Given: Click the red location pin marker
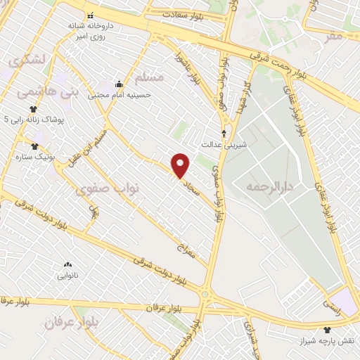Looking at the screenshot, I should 181,165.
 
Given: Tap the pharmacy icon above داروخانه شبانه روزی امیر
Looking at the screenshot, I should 89,15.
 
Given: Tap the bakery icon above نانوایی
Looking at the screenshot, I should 68,265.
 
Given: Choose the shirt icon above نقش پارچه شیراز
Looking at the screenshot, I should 326,329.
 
